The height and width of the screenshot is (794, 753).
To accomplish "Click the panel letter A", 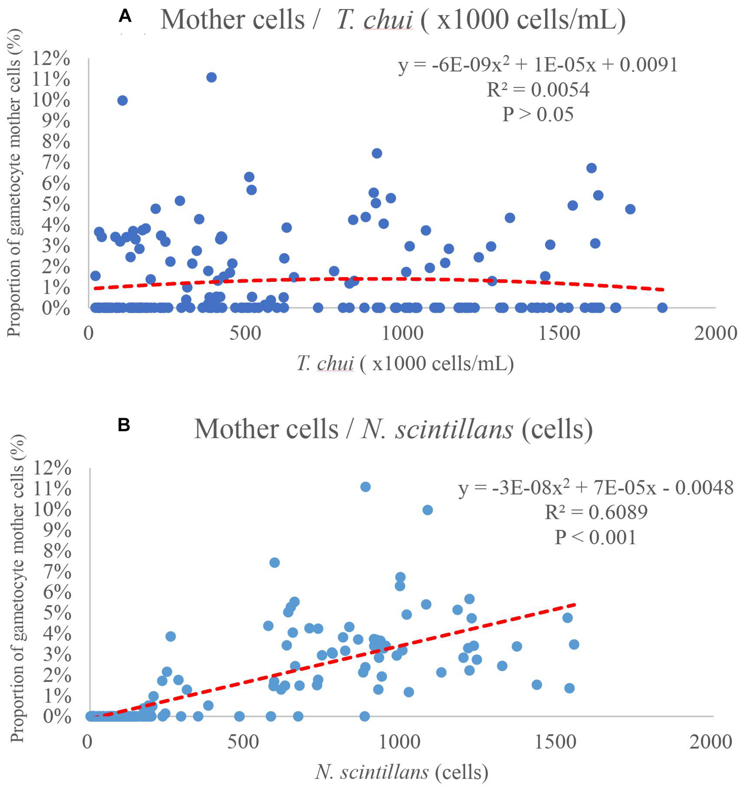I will coord(125,16).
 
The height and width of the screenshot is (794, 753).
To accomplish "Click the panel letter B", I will coord(124,425).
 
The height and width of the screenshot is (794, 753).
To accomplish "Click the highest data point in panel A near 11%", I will coord(211,77).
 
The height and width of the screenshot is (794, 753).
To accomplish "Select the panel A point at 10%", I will coord(122,101).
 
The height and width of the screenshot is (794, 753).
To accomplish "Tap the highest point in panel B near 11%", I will coord(365,487).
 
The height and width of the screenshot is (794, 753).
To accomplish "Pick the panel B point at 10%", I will coord(427,510).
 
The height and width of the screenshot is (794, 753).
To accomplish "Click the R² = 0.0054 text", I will coord(538,90).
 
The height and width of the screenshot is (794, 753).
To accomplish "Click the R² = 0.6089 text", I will coord(596,512).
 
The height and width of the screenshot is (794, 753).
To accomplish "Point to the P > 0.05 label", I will coord(538,114).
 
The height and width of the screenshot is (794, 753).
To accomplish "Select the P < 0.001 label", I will coord(596,537).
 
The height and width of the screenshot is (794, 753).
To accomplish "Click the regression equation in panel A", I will coord(538,65).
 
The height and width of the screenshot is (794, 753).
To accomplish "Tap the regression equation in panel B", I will coord(596,488).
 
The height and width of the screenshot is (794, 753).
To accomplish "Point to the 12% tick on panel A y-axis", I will coord(51,59).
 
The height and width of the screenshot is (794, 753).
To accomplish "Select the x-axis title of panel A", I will coord(405,363).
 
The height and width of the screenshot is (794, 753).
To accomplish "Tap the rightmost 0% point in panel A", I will coord(662,307).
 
